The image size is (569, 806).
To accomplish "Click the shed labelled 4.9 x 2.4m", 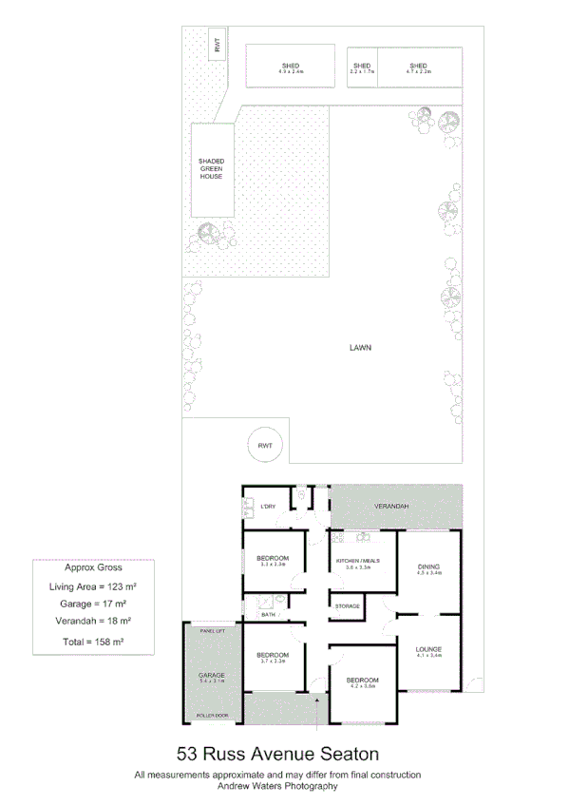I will coord(291,67).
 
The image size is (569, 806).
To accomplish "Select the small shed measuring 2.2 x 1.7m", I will coord(362,67).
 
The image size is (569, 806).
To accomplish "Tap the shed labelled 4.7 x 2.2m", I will coord(419,67).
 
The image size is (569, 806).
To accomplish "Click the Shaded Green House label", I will coord(211,168).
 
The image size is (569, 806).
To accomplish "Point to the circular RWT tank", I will coord(265,444).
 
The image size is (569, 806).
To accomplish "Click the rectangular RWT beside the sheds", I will coord(218,44).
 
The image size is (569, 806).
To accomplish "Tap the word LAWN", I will coord(359,347).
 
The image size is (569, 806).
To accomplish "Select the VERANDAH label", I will coord(390,506).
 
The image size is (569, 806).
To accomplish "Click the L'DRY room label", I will coord(268,507).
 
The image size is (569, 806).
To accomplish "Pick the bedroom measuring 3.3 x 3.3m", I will coord(274,561).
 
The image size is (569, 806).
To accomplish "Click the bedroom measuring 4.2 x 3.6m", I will coord(362,682).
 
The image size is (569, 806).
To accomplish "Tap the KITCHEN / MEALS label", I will coord(358,561).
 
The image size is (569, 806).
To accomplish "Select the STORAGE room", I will coord(348,604).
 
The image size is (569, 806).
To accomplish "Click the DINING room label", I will coord(428,567).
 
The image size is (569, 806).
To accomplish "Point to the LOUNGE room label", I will coord(428,651).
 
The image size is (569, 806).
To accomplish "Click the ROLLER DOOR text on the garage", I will coord(212,716).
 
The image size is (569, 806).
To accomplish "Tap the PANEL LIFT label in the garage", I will coord(212,631).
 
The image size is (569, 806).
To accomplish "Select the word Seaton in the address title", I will coord(348,754).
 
